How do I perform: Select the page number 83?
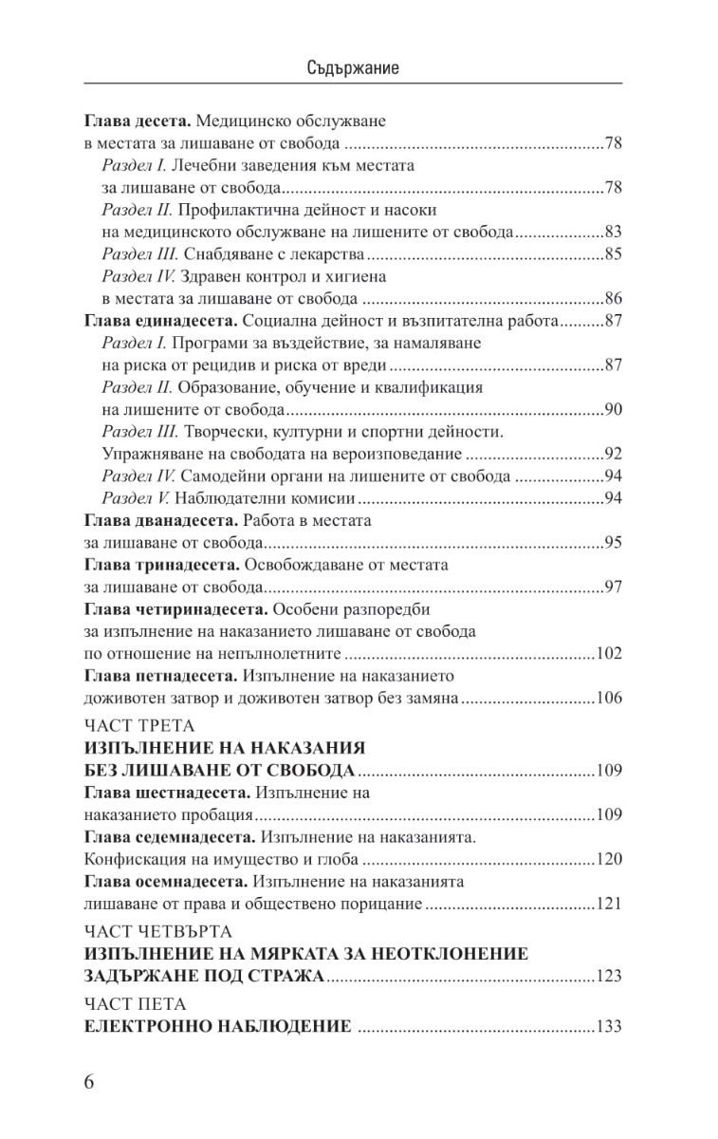[613, 232]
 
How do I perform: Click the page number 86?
[613, 297]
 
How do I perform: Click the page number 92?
[613, 453]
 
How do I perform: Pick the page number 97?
[613, 586]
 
